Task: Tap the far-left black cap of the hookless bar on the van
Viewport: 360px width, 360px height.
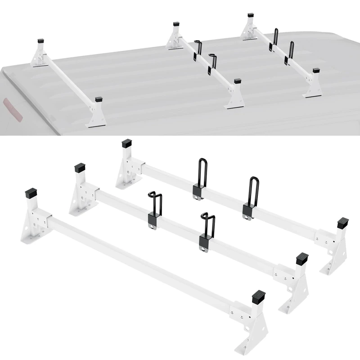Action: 41,40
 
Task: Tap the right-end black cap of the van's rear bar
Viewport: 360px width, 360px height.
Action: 316,71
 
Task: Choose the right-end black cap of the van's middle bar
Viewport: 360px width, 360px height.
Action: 238,81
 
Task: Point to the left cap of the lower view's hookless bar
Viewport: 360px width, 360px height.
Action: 31,193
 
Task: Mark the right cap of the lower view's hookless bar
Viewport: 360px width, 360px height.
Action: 258,296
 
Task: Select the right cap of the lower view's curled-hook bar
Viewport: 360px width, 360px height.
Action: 302,259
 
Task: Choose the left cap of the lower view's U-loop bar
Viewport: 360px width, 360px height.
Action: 126,144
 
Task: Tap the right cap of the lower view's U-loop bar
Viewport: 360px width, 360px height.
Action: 343,223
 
